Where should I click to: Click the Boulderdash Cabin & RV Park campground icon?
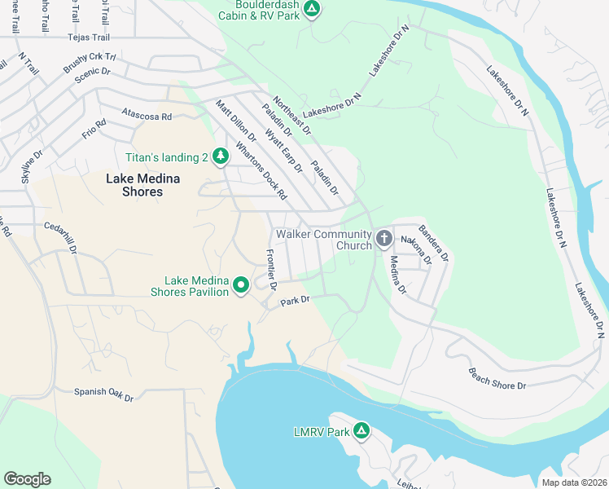pyautogui.click(x=311, y=10)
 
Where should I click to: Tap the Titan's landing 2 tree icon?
pyautogui.click(x=220, y=156)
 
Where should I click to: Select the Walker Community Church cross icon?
pyautogui.click(x=384, y=239)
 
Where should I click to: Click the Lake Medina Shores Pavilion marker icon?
pyautogui.click(x=241, y=285)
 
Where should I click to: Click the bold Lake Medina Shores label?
pyautogui.click(x=134, y=185)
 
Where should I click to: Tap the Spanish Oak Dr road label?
pyautogui.click(x=103, y=394)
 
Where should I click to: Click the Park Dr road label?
pyautogui.click(x=296, y=301)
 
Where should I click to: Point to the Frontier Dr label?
pyautogui.click(x=271, y=270)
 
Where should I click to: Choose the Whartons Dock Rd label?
pyautogui.click(x=261, y=172)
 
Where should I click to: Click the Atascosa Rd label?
pyautogui.click(x=146, y=117)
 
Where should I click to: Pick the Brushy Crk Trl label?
pyautogui.click(x=90, y=63)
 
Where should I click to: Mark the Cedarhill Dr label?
pyautogui.click(x=65, y=232)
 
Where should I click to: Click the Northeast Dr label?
pyautogui.click(x=292, y=116)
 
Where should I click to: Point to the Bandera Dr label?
pyautogui.click(x=433, y=242)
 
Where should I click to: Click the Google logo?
pyautogui.click(x=27, y=479)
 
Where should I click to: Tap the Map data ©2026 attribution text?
pyautogui.click(x=575, y=482)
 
